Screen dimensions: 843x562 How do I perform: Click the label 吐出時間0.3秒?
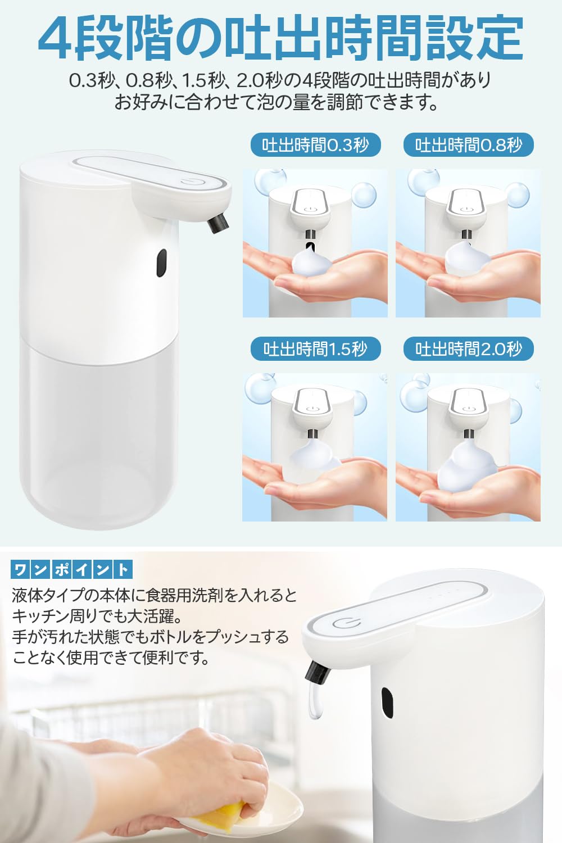(315, 145)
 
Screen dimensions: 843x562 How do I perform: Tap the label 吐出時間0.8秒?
(468, 145)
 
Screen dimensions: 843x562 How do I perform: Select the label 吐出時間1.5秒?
(315, 349)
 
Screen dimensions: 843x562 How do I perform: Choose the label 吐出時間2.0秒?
(468, 349)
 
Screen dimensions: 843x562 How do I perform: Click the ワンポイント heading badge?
(71, 570)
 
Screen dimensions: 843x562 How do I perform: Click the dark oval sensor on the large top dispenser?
(162, 264)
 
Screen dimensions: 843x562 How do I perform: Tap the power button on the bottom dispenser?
(343, 624)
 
